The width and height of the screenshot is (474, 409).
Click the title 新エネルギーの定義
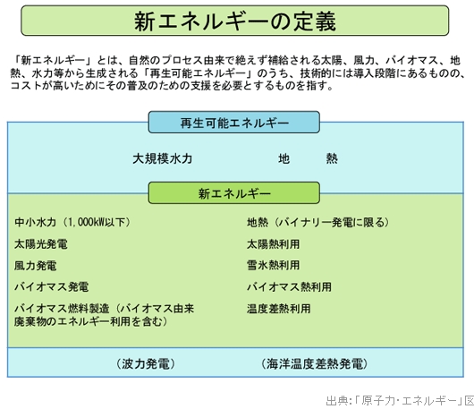pyautogui.click(x=235, y=21)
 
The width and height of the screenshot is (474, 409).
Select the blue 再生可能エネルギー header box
pyautogui.click(x=234, y=123)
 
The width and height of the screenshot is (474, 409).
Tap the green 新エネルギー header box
pyautogui.click(x=234, y=193)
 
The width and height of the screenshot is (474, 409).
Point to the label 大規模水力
pyautogui.click(x=163, y=158)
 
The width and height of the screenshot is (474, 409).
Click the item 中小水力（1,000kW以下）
pyautogui.click(x=72, y=222)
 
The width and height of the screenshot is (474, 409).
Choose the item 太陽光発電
pyautogui.click(x=41, y=243)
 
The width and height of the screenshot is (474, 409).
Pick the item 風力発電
pyautogui.click(x=36, y=266)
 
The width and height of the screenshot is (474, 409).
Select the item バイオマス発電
pyautogui.click(x=51, y=286)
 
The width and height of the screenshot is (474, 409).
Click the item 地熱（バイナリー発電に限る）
pyautogui.click(x=317, y=222)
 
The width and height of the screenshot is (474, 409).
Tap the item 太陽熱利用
pyautogui.click(x=274, y=243)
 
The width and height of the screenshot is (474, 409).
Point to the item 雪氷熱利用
pyautogui.click(x=274, y=265)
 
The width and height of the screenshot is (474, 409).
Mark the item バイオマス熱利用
pyautogui.click(x=289, y=286)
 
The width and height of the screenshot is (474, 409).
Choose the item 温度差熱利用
pyautogui.click(x=279, y=309)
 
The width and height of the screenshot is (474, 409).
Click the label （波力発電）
pyautogui.click(x=146, y=363)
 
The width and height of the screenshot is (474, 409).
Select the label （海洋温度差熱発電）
pyautogui.click(x=315, y=363)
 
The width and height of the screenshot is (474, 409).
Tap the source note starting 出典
pyautogui.click(x=400, y=401)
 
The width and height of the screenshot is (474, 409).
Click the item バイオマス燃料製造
pyautogui.click(x=62, y=309)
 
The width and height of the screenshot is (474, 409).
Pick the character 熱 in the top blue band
pyautogui.click(x=332, y=158)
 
